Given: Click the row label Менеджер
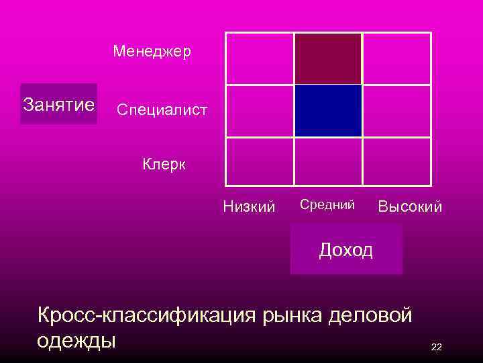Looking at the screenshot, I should pos(152,51).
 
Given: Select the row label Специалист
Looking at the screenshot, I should pos(162,109).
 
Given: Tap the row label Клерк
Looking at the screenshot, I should pos(164,164).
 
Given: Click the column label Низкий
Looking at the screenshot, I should pos(249,207).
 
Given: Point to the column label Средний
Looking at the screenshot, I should pos(327,204).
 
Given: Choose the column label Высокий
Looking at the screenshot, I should pos(410,207).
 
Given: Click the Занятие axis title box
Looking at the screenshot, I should pos(58,104).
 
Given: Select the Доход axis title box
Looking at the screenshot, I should pos(346,249).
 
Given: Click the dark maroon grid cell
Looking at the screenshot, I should pos(328,58).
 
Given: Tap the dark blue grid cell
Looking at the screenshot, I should pos(328,111).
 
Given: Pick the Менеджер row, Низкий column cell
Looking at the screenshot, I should pos(259,58).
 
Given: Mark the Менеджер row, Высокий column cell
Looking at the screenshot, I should pos(396,58).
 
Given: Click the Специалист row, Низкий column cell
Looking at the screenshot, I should pos(259,111).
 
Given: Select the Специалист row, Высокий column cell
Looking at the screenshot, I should pos(396,111).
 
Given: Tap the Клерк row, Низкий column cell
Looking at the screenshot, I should pos(259,161).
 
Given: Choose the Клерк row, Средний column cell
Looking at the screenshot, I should pos(328,161).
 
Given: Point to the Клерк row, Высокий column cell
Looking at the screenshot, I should pos(396,161).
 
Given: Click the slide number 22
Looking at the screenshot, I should pos(436,347).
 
